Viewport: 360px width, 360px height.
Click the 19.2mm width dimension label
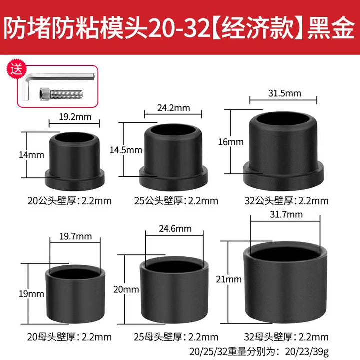[75, 117]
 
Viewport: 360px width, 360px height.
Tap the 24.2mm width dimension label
[174, 108]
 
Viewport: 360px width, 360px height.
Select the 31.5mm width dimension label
[284, 93]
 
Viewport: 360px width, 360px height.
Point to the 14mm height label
[31, 155]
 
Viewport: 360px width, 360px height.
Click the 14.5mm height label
[126, 150]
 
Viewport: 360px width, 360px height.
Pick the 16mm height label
[231, 142]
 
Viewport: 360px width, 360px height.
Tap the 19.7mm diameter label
[76, 236]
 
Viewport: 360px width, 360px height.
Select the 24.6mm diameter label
[175, 228]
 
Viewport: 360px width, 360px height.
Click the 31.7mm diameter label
[286, 214]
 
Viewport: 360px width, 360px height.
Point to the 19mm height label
[31, 294]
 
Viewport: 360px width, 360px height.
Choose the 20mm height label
[126, 289]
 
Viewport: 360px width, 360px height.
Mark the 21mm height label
[229, 279]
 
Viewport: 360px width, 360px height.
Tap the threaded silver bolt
[61, 94]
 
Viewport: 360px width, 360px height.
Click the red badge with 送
[16, 69]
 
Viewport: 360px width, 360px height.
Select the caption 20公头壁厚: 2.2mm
[70, 201]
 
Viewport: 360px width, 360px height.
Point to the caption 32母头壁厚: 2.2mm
[286, 337]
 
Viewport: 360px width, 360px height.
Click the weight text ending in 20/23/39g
[259, 351]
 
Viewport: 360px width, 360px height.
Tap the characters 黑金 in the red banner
[331, 28]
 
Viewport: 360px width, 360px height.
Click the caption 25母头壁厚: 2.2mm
[176, 337]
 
